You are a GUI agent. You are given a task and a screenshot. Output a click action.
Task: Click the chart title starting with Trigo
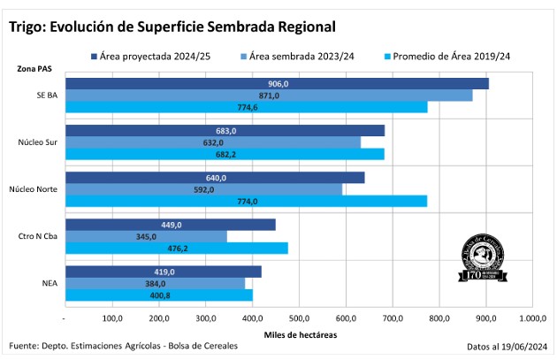(x=172, y=27)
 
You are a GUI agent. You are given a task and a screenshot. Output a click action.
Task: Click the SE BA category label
(x=48, y=96)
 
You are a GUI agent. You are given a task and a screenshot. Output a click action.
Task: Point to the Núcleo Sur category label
(x=38, y=142)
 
